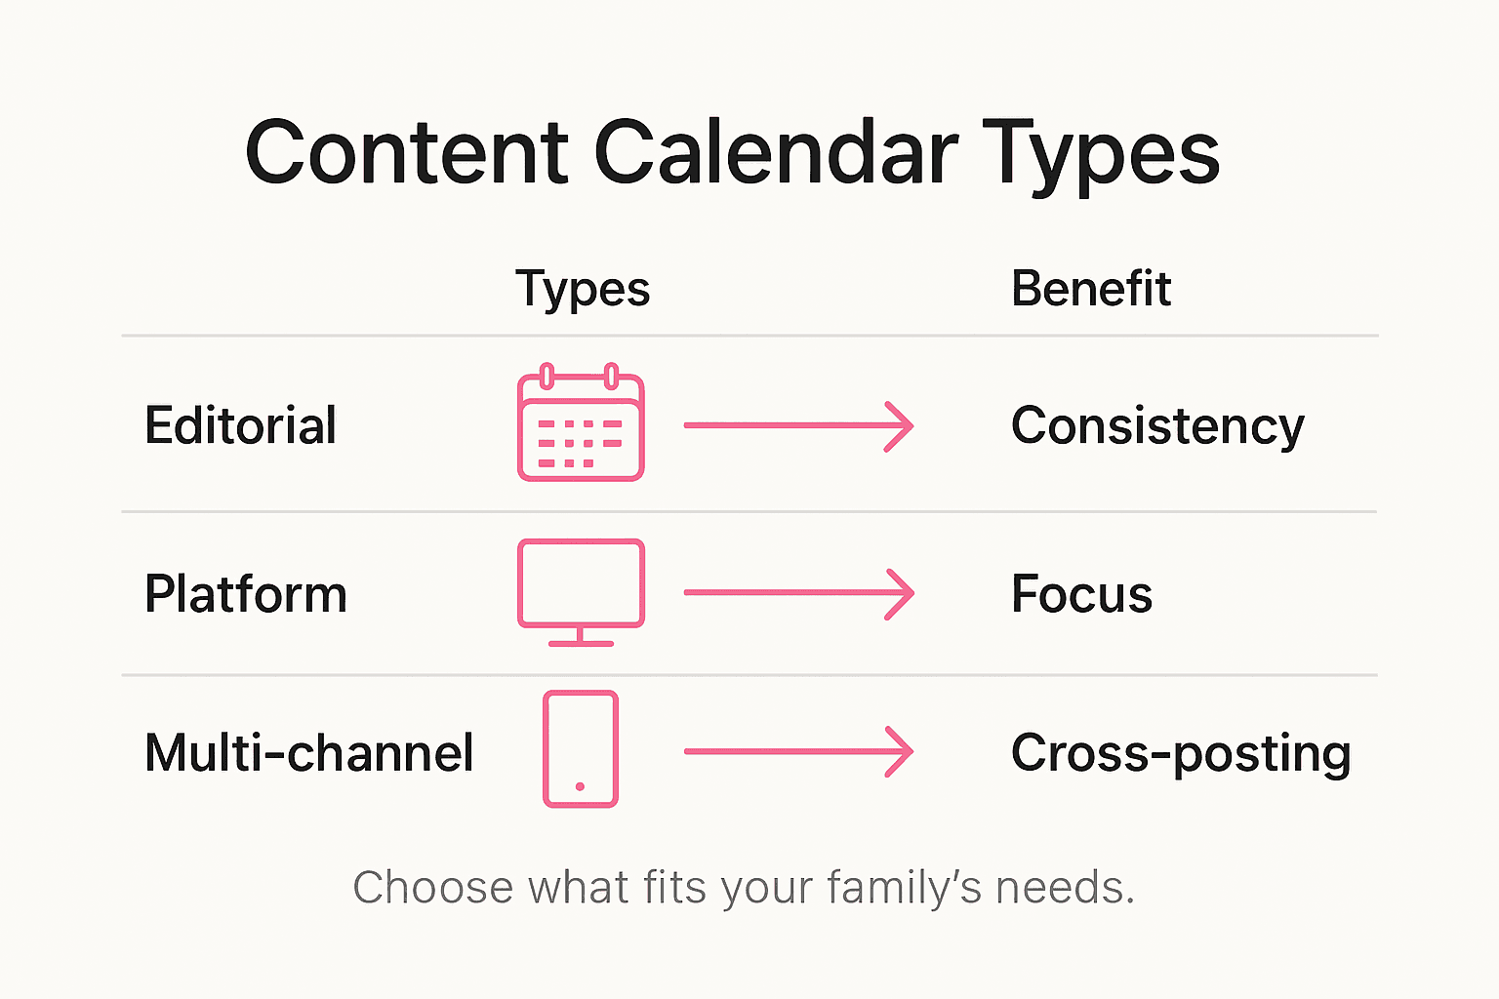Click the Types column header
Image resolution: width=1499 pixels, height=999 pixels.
583,290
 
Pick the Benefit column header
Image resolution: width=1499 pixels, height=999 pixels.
1090,289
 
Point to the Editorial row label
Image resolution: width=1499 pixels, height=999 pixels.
241,425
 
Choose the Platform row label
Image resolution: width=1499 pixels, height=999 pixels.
246,593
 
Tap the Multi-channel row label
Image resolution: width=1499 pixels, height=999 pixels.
309,752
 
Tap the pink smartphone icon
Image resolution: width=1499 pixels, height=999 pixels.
581,749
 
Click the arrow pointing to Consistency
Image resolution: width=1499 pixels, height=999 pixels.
798,425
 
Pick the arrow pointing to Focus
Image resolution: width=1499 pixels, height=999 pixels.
798,592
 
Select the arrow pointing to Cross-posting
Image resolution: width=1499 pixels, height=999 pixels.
798,751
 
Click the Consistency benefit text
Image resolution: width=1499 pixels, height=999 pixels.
1157,426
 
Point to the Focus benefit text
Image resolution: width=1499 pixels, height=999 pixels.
1081,593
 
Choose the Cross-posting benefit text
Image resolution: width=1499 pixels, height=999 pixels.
1181,753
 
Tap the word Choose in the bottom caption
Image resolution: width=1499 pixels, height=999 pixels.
433,888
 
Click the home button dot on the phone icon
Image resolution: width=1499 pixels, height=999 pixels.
581,786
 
